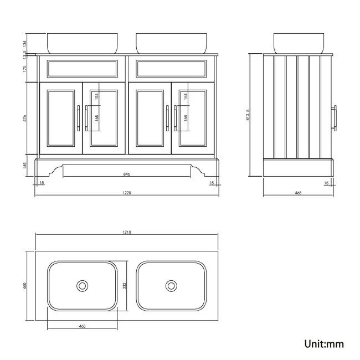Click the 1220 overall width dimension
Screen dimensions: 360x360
coord(126,193)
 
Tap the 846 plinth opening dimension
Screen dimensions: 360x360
coord(126,174)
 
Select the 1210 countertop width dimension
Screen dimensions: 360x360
coord(126,232)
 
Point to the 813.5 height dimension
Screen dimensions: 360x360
coord(248,115)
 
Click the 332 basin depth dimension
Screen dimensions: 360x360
coord(124,286)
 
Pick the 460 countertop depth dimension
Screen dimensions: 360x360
coord(25,286)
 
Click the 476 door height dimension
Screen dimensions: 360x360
coord(25,118)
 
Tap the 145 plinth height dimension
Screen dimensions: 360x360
coord(25,165)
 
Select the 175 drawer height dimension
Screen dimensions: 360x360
coord(25,69)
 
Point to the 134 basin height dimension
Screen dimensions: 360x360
coord(25,44)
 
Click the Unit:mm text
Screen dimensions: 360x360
coord(324,344)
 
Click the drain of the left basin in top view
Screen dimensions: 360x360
coord(82,286)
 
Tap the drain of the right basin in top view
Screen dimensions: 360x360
coord(171,286)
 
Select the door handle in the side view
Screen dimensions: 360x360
coord(335,118)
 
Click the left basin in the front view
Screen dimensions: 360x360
coord(83,44)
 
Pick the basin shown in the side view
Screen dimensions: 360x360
coord(299,44)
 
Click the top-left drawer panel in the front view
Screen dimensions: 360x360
coord(83,69)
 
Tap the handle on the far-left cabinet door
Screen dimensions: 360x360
coord(78,118)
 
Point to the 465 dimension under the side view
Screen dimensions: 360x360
coord(298,193)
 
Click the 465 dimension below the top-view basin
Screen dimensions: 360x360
coord(82,326)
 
